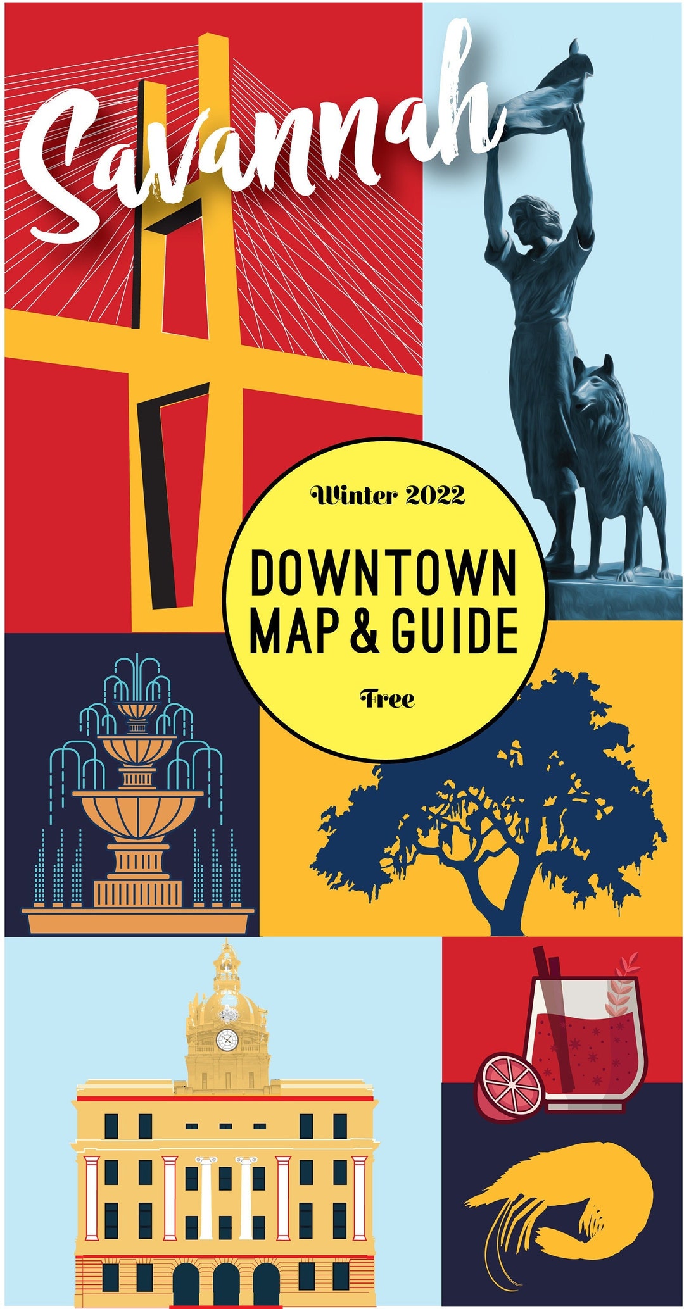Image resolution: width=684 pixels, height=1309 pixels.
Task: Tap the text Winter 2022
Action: pyautogui.click(x=387, y=496)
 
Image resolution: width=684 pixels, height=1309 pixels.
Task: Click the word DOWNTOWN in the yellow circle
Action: pyautogui.click(x=383, y=573)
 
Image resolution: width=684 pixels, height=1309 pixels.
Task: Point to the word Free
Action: pyautogui.click(x=387, y=699)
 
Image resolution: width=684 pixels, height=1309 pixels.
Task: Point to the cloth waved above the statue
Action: pyautogui.click(x=557, y=89)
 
